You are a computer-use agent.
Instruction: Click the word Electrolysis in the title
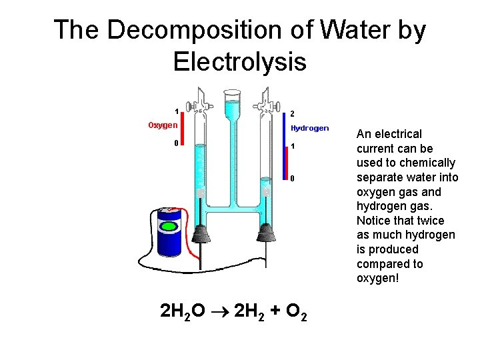pos(239,61)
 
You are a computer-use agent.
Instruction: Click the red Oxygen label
pos(163,125)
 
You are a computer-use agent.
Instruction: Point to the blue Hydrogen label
pos(309,128)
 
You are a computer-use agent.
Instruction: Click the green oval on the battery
pos(170,227)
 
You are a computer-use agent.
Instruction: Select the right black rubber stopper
pos(266,234)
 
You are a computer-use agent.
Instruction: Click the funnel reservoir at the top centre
pos(233,107)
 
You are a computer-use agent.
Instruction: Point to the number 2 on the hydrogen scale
pos(293,113)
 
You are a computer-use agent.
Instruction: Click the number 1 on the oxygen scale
pos(176,111)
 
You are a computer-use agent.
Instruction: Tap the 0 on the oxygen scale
pos(176,143)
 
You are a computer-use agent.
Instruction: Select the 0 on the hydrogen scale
pos(292,178)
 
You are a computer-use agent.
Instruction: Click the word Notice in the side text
pos(375,220)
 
